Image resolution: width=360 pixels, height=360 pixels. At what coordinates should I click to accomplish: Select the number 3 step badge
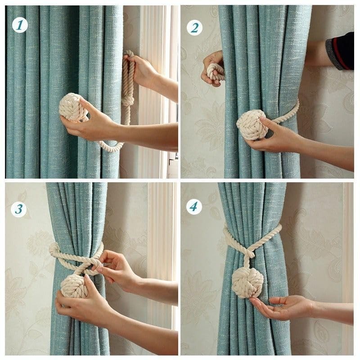click(x=19, y=209)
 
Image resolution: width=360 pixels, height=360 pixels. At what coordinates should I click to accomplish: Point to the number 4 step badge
click(x=194, y=207)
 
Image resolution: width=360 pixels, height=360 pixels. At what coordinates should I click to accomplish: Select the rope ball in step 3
click(x=74, y=286)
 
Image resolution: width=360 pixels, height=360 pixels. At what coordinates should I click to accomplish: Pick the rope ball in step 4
click(x=247, y=283)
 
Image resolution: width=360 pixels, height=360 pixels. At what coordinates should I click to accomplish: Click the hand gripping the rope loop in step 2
click(x=212, y=67)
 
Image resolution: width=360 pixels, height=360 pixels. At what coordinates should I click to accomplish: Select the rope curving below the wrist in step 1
click(x=110, y=147)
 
